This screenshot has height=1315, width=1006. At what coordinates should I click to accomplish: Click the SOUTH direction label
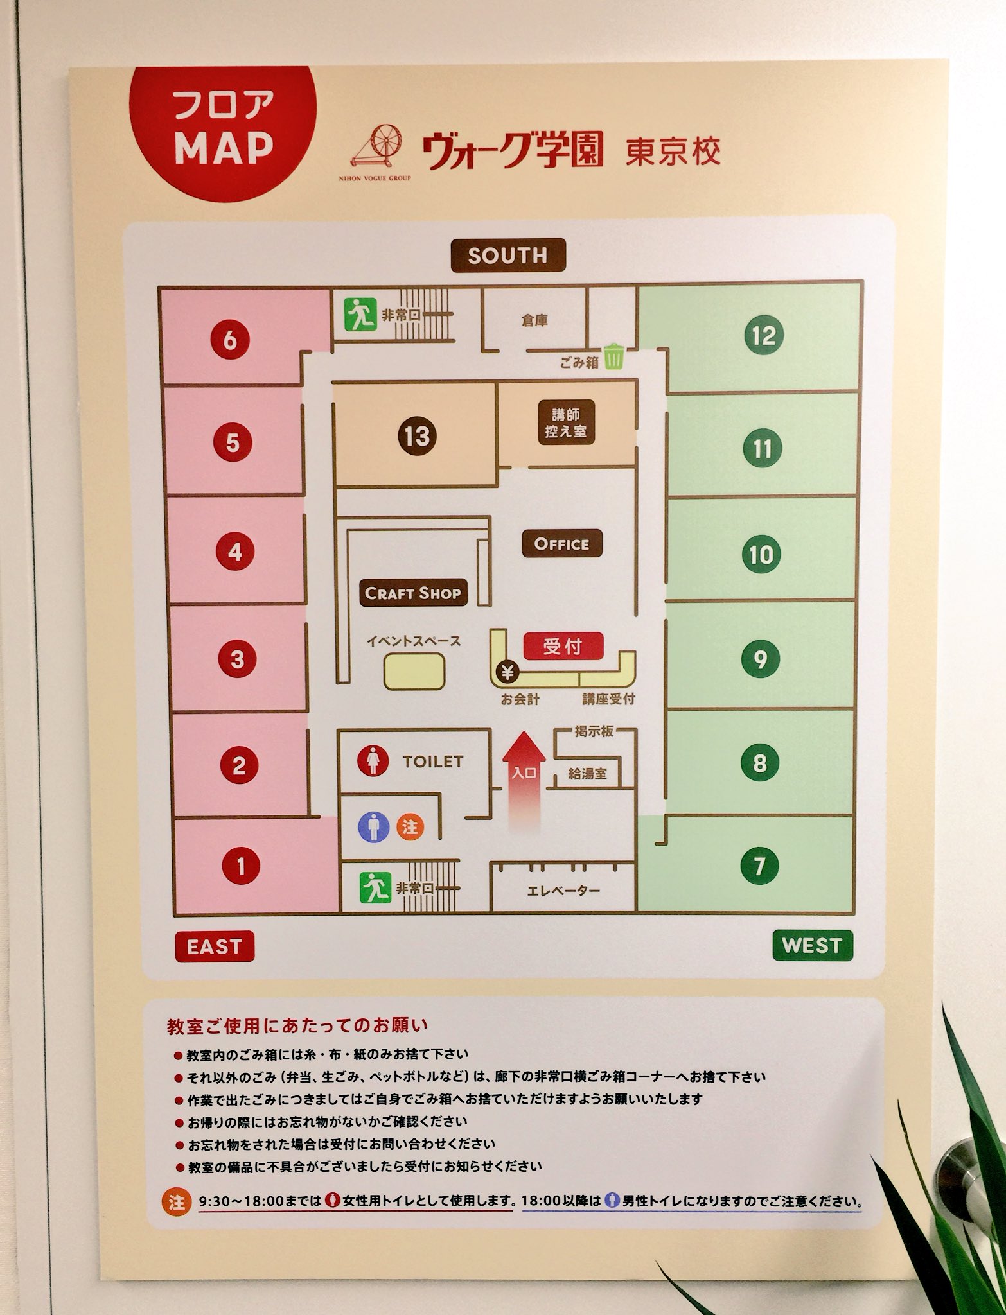(x=507, y=256)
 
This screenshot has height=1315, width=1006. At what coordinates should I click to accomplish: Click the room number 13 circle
(x=416, y=437)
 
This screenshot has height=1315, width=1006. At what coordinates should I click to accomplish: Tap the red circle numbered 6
(x=231, y=340)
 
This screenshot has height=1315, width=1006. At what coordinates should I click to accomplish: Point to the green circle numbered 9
(x=761, y=659)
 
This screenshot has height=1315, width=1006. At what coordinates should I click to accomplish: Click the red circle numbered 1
(x=241, y=867)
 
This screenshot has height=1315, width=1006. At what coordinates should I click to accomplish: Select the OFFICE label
(x=561, y=544)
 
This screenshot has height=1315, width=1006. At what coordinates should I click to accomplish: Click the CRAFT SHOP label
(x=413, y=593)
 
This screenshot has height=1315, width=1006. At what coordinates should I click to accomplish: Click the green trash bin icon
(x=613, y=357)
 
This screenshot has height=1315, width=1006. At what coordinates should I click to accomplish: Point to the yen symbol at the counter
(x=508, y=673)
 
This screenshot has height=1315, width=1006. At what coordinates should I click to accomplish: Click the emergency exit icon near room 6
(x=359, y=315)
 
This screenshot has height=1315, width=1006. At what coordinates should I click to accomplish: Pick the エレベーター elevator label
(x=563, y=891)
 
